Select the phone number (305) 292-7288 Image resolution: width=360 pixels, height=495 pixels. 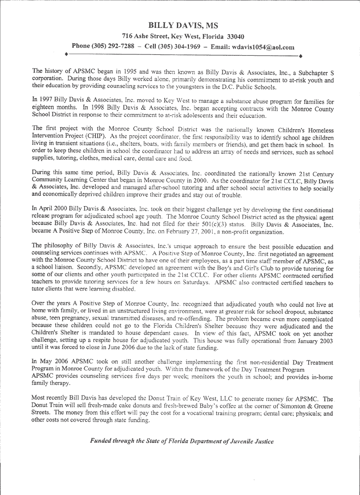(x=113, y=46)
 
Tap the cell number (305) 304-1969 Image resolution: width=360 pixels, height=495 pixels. (x=176, y=46)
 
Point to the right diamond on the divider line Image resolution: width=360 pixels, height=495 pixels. (x=300, y=55)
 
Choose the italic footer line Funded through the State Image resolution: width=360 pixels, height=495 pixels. (x=181, y=441)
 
